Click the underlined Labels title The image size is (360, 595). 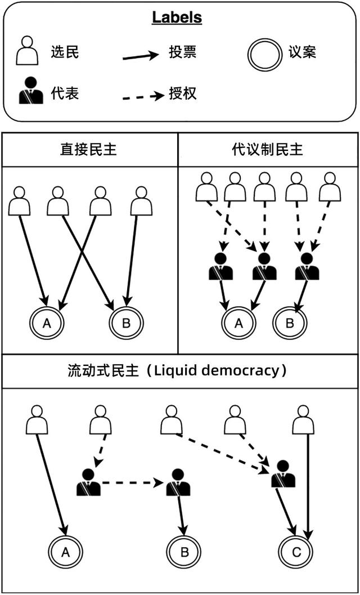click(177, 17)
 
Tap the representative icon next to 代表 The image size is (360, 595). click(31, 92)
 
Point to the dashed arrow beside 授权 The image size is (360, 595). click(142, 96)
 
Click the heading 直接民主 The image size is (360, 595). click(88, 150)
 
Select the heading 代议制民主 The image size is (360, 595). click(267, 150)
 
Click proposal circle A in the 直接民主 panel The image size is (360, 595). click(47, 323)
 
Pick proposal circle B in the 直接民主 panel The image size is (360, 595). click(126, 323)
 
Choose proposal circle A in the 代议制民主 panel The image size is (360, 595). click(239, 323)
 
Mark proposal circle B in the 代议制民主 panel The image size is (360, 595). click(290, 323)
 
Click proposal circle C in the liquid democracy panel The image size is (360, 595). click(296, 552)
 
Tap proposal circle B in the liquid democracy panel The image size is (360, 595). click(184, 552)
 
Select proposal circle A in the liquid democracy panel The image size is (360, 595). click(65, 552)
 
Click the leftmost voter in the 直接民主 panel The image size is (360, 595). click(20, 201)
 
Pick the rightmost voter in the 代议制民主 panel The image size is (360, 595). click(330, 187)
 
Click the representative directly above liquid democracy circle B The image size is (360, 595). click(178, 482)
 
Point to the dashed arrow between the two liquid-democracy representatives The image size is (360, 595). click(133, 483)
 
